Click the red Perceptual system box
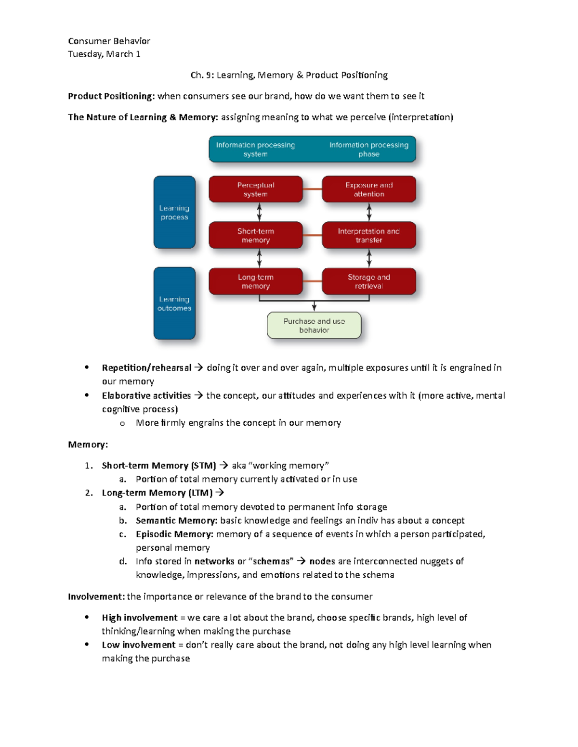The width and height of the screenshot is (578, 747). click(x=255, y=189)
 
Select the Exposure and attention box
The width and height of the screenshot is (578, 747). click(x=368, y=189)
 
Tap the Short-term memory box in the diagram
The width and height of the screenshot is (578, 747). click(x=255, y=235)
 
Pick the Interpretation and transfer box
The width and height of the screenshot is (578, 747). click(x=368, y=235)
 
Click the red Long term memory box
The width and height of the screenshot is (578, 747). click(x=255, y=281)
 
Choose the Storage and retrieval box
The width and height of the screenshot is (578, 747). click(x=368, y=281)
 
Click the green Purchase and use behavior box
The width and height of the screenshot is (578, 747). click(x=314, y=326)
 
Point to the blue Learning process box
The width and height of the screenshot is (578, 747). click(x=174, y=212)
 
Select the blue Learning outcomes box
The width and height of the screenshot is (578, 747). click(x=174, y=304)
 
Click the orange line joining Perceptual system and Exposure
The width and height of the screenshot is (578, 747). click(x=312, y=189)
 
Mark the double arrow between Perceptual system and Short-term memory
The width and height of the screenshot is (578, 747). click(x=259, y=212)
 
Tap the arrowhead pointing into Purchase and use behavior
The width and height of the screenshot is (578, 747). click(x=314, y=308)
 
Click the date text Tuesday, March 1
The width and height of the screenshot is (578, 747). click(x=104, y=54)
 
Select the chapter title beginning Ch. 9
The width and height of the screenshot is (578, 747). click(x=289, y=75)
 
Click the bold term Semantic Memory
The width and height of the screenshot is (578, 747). click(x=176, y=520)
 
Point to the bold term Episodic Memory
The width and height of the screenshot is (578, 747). click(x=174, y=534)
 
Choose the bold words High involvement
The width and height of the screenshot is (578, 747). click(x=140, y=618)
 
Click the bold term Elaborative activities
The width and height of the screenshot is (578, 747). click(x=146, y=395)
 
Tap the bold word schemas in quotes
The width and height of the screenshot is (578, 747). click(x=273, y=561)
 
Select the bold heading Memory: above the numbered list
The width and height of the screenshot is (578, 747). click(x=88, y=444)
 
